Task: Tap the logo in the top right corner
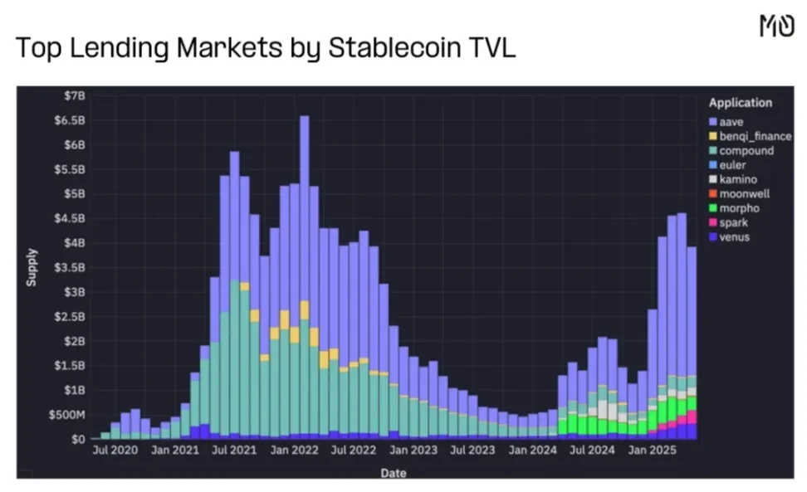[x=776, y=26]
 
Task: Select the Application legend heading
[x=740, y=103]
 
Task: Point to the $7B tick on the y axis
[x=75, y=96]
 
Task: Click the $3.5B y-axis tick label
[x=71, y=267]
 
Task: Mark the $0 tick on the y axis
[x=79, y=438]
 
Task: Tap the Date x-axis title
[x=394, y=473]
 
